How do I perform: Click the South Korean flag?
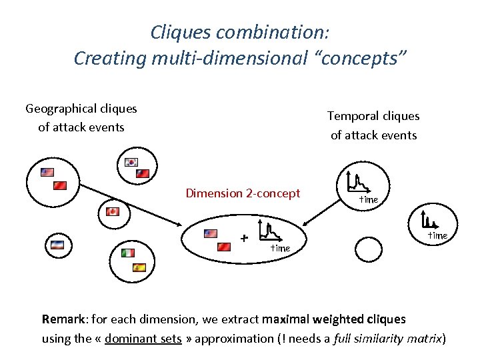pos(131,162)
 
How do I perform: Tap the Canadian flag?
pos(113,212)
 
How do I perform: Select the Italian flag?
pos(128,253)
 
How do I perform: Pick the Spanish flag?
pos(139,267)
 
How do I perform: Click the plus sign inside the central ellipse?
pos(244,238)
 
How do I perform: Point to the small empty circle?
pos(367,250)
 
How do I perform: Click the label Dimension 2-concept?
pos(243,193)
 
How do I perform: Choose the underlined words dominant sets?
pos(143,338)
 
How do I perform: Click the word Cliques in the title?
pos(175,31)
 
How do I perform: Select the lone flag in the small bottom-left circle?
pos(57,245)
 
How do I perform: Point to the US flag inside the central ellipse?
pos(210,233)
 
